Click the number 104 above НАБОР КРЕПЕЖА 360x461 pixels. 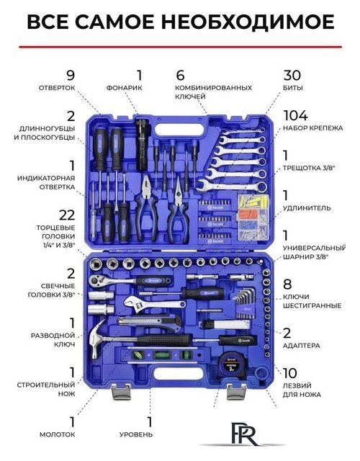[x=296, y=115]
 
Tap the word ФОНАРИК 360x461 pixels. [x=125, y=88]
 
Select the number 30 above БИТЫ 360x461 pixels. [x=292, y=75]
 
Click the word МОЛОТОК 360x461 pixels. [x=58, y=434]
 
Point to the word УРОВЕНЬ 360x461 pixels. [x=136, y=434]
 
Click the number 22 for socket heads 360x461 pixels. [x=67, y=215]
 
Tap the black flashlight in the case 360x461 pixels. [x=143, y=144]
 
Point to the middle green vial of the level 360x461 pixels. [x=161, y=354]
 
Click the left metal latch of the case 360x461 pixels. [x=122, y=393]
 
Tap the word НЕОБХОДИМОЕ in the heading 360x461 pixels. [x=248, y=22]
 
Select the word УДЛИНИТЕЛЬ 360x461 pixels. [x=307, y=208]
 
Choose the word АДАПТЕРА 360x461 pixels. [x=301, y=346]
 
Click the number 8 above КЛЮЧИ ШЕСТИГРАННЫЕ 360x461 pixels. [x=287, y=285]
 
